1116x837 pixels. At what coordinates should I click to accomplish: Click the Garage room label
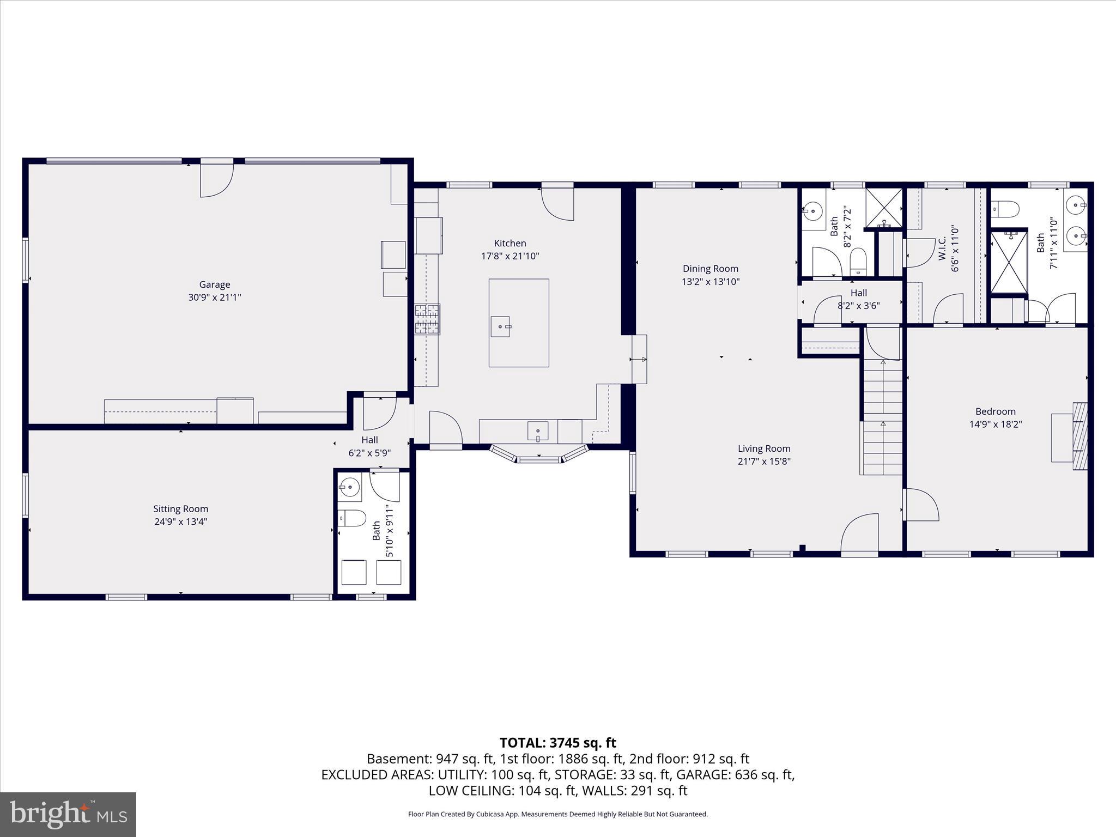pyautogui.click(x=214, y=284)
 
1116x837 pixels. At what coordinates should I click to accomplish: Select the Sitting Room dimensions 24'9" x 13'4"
pyautogui.click(x=180, y=521)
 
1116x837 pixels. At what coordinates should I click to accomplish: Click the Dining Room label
pyautogui.click(x=711, y=268)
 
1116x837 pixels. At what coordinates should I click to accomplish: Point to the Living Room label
pyautogui.click(x=763, y=448)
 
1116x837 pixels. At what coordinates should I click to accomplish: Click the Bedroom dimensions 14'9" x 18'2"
pyautogui.click(x=995, y=424)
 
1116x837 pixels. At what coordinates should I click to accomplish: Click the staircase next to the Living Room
pyautogui.click(x=882, y=417)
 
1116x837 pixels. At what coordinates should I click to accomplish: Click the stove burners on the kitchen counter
pyautogui.click(x=427, y=319)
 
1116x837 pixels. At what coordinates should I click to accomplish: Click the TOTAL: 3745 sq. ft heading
pyautogui.click(x=557, y=743)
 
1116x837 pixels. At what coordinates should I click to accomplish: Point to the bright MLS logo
pyautogui.click(x=68, y=814)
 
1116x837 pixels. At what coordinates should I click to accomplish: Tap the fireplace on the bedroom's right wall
pyautogui.click(x=1079, y=436)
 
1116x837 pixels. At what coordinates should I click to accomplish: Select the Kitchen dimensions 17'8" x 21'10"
pyautogui.click(x=510, y=256)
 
